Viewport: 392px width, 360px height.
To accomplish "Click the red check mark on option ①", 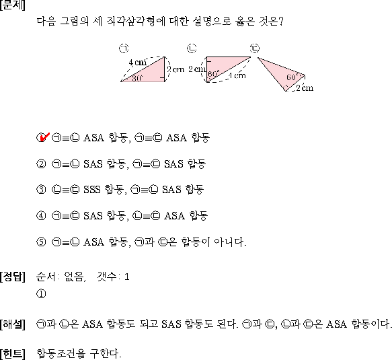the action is [x=44, y=137].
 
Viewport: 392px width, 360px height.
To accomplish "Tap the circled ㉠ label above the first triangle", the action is [x=124, y=48].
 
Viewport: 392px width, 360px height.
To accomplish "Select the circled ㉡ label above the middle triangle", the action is [x=192, y=48].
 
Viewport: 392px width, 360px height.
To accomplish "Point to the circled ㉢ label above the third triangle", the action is [x=255, y=48].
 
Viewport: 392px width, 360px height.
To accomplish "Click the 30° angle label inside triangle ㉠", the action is [x=137, y=78].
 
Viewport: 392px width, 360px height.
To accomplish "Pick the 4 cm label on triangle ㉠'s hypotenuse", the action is [x=137, y=63].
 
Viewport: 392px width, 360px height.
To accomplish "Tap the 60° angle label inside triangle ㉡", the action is [x=214, y=74].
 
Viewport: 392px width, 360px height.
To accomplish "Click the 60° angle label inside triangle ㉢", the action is [x=292, y=77].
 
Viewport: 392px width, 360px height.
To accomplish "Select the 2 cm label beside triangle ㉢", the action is [x=305, y=87].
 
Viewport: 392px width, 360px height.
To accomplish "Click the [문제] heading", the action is [x=13, y=5].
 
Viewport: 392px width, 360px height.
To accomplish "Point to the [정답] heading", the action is [x=13, y=277].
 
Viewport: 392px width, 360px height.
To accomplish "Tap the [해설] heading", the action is [x=13, y=324].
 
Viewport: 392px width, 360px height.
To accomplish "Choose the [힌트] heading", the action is [x=13, y=354].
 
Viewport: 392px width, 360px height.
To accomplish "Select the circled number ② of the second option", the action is [x=41, y=164].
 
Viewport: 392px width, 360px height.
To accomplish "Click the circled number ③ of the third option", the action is [x=41, y=189].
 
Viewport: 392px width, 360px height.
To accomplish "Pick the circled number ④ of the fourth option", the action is [x=41, y=215].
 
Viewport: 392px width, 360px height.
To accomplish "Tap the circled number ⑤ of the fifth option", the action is [x=41, y=242].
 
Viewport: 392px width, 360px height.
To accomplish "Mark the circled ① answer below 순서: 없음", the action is [x=41, y=293].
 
